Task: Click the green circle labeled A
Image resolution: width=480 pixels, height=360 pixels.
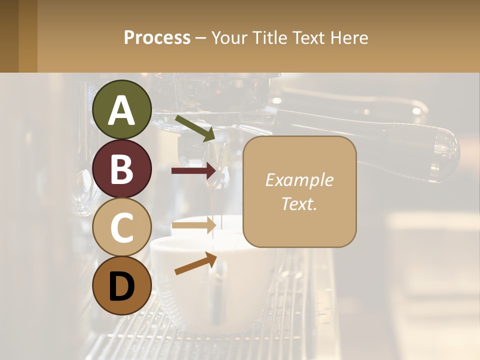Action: [x=122, y=109]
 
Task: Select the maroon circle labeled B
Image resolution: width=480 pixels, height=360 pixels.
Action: [x=122, y=168]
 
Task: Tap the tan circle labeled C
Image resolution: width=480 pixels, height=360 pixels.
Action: [x=122, y=227]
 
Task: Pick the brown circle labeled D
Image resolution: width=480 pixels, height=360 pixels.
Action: [x=122, y=286]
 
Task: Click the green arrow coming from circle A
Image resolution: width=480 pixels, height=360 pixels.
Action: [x=195, y=128]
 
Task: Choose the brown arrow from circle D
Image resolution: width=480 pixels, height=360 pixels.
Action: [x=195, y=263]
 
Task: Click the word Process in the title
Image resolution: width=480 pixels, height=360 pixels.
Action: [x=157, y=37]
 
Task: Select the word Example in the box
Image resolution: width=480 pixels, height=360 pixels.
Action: [x=299, y=180]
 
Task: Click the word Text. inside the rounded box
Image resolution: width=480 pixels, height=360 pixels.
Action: [x=299, y=203]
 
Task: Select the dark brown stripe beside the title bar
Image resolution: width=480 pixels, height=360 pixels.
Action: [x=9, y=36]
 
